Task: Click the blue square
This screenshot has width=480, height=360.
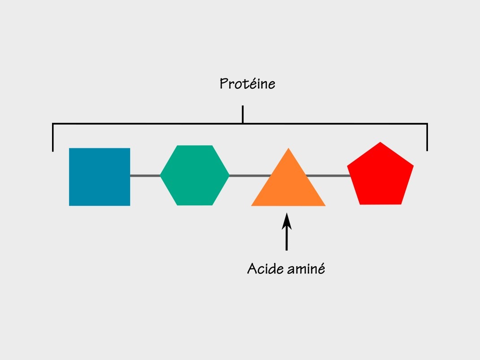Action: [x=100, y=177]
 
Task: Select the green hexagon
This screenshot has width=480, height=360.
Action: [x=195, y=175]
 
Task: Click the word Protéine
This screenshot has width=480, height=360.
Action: [x=247, y=84]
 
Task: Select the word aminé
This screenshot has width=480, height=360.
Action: [x=306, y=269]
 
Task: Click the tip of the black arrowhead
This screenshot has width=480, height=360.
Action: [x=287, y=213]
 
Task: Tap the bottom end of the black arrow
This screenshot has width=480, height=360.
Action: [x=287, y=251]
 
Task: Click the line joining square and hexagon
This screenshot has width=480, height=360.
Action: [x=145, y=176]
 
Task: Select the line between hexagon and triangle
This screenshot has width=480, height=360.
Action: [x=250, y=176]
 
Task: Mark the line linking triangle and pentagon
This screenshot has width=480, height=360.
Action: [x=328, y=176]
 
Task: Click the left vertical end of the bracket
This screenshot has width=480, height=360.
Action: [x=53, y=137]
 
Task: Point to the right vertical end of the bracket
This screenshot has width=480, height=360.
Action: [x=427, y=137]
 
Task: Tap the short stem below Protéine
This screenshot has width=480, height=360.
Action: [x=243, y=114]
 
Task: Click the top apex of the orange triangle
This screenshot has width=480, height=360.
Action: [x=288, y=148]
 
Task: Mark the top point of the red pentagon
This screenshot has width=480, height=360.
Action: [x=380, y=142]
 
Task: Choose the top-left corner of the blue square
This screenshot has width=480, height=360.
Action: [x=69, y=148]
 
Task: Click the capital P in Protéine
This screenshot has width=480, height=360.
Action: [x=224, y=83]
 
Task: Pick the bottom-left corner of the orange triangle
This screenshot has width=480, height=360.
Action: [x=251, y=206]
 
